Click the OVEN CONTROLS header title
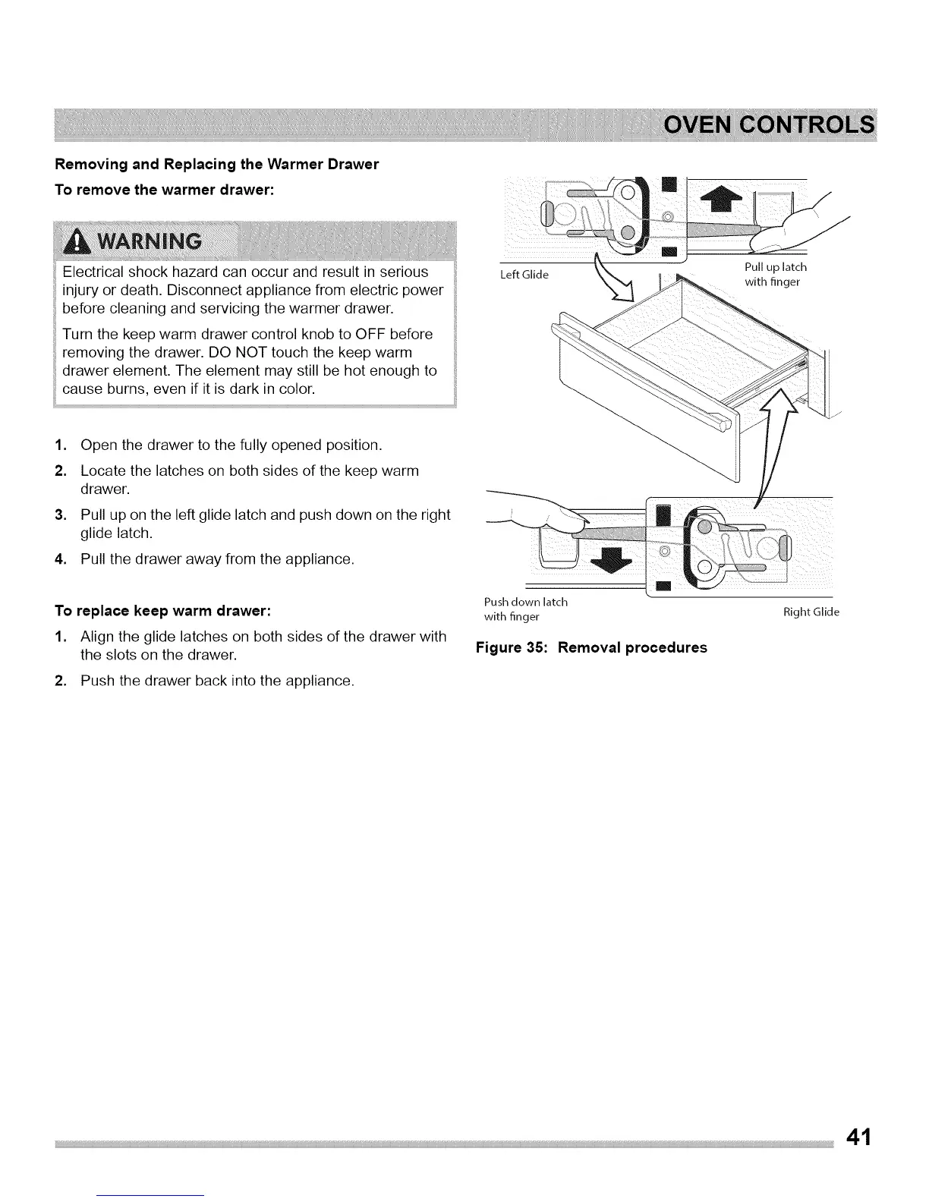[x=768, y=125]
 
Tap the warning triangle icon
[x=75, y=241]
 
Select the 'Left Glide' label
[x=524, y=275]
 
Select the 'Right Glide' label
[x=811, y=612]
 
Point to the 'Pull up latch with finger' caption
[x=775, y=275]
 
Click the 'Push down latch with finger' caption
[x=525, y=609]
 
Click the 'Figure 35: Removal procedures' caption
[x=591, y=647]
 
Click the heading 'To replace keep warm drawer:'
[x=162, y=610]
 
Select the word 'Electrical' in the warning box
[x=96, y=272]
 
